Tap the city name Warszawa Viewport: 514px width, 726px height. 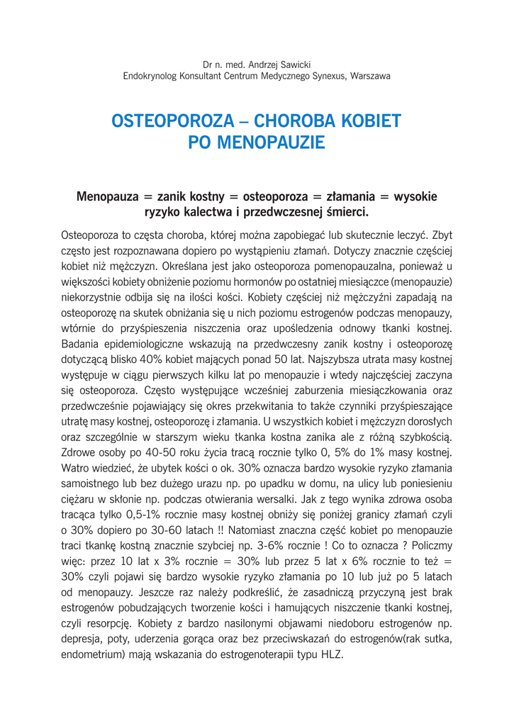(x=369, y=76)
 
